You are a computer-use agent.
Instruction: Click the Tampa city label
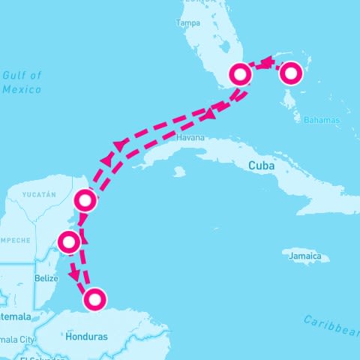(187, 23)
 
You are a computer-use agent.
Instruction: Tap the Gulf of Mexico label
(22, 82)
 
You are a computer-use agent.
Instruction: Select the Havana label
(190, 138)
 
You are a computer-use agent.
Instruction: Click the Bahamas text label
(321, 120)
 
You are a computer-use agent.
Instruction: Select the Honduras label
(87, 337)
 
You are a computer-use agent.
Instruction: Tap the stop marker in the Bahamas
(290, 73)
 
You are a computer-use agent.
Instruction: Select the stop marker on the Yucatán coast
(85, 200)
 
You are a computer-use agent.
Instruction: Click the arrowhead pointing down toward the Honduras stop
(74, 275)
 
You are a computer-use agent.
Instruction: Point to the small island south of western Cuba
(178, 172)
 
